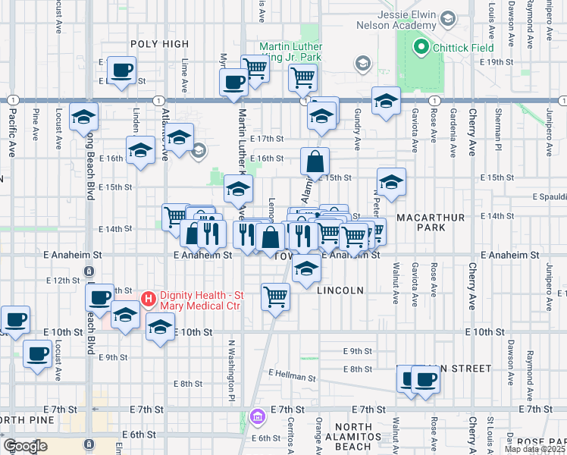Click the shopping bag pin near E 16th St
click(x=315, y=162)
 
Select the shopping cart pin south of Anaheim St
click(x=275, y=297)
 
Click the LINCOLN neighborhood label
click(x=340, y=290)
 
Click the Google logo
click(x=26, y=445)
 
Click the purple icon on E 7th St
click(x=257, y=416)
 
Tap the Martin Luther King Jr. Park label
click(x=293, y=51)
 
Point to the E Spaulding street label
click(x=550, y=197)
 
